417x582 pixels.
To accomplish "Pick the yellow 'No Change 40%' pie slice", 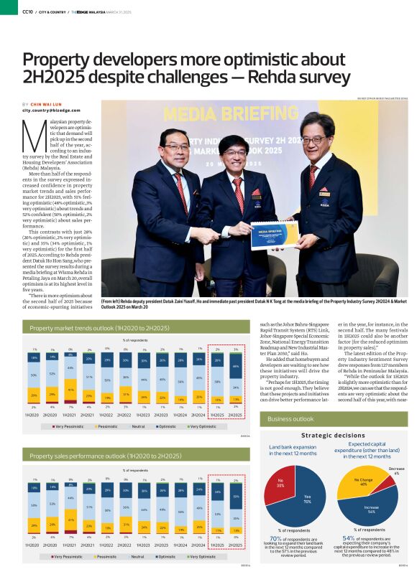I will pos(362,484).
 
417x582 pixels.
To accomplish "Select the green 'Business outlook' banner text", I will pos(290,418).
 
